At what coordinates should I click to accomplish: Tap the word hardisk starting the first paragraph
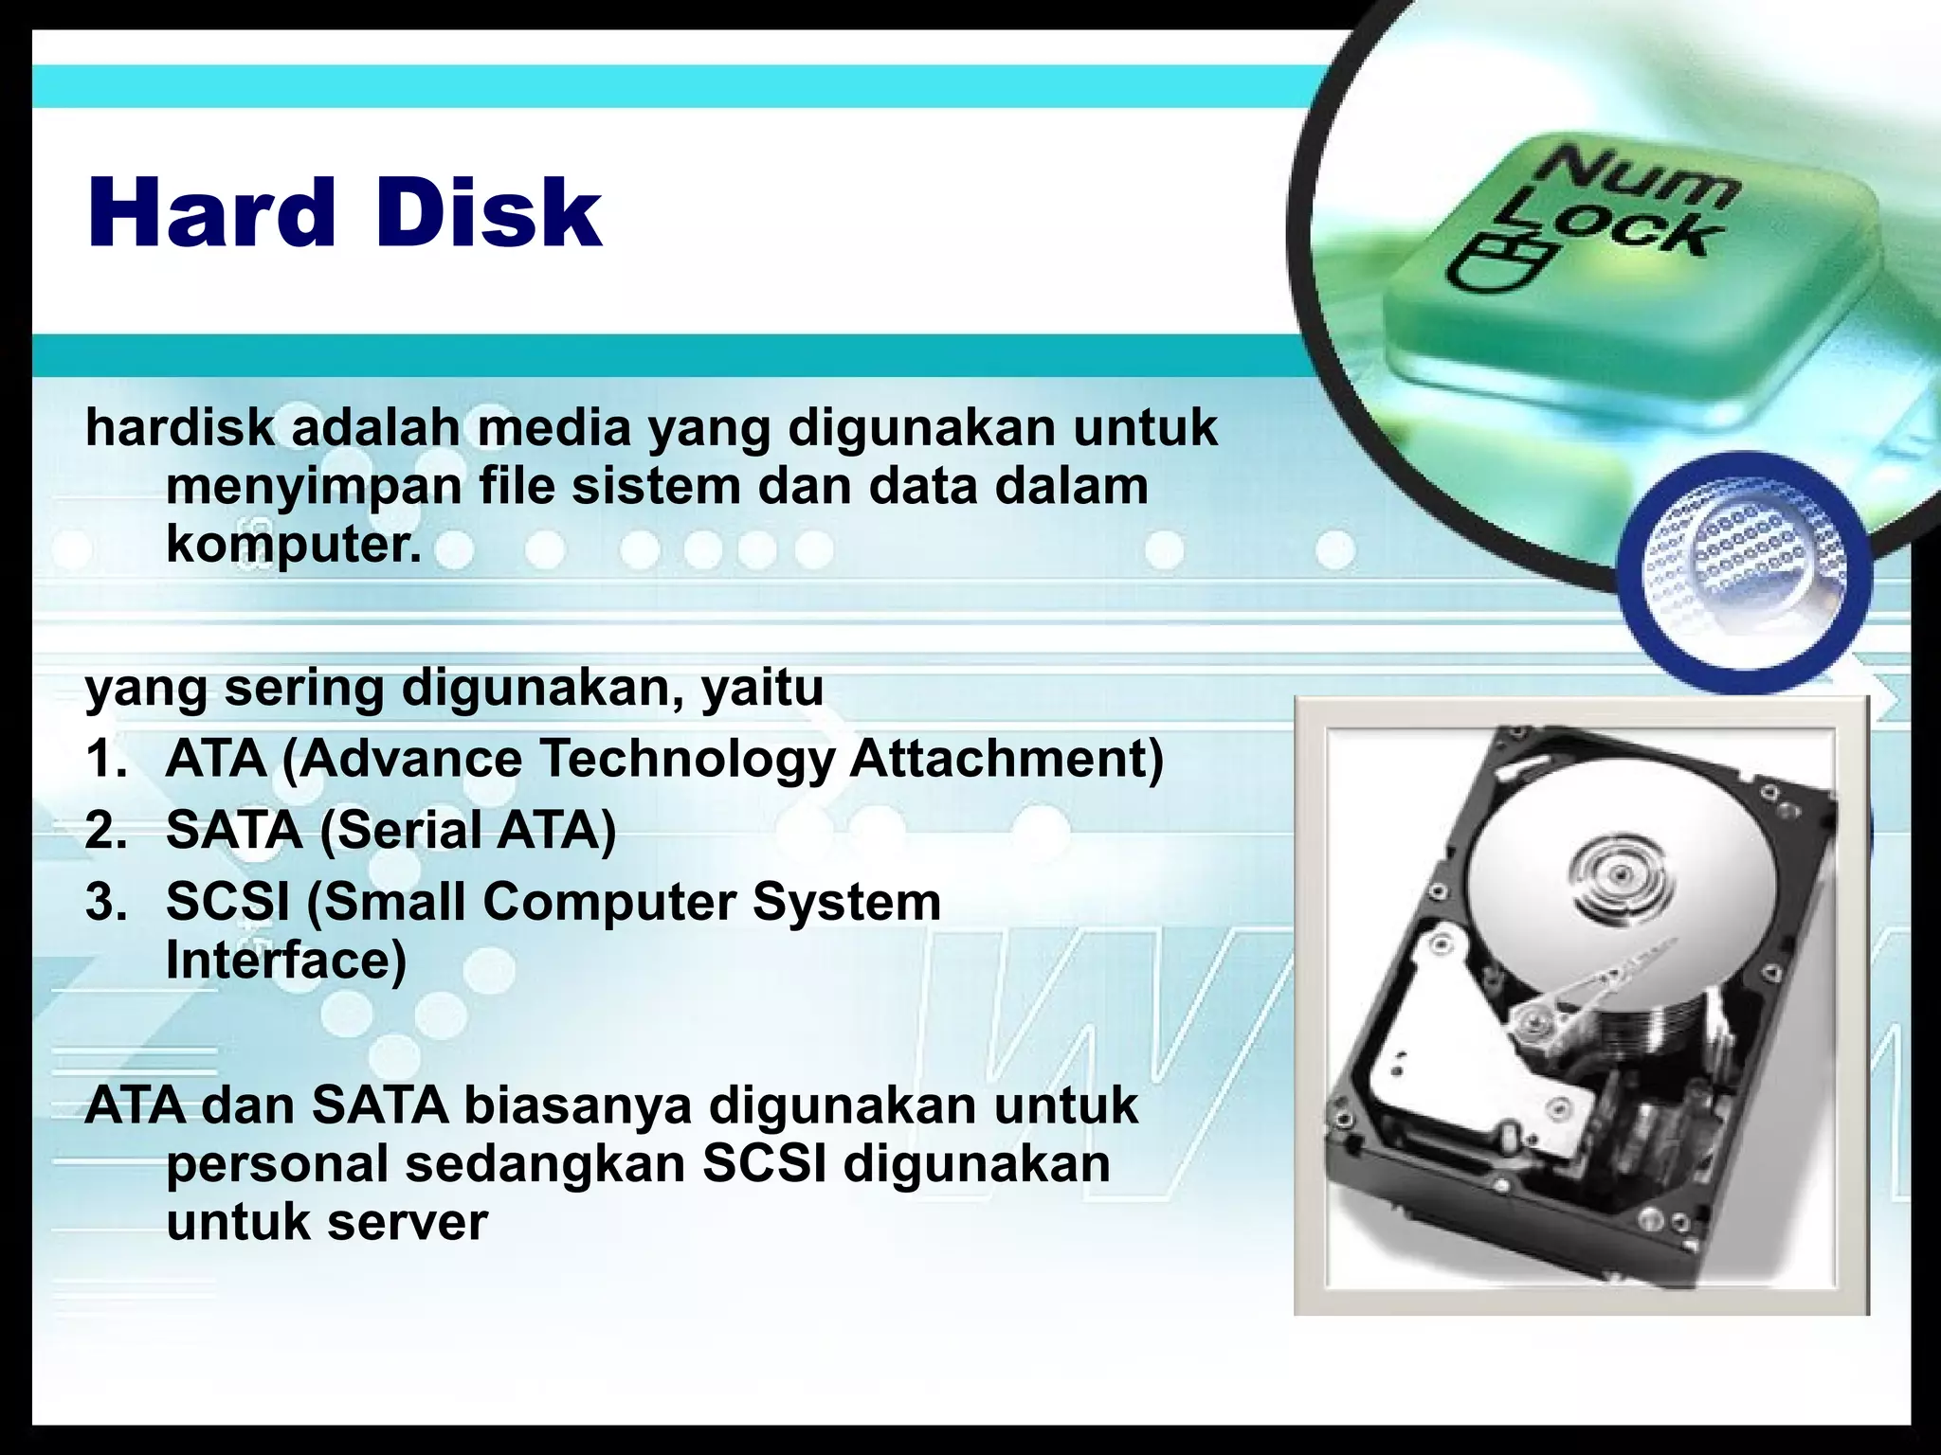179,428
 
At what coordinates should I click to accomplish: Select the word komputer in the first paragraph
293,547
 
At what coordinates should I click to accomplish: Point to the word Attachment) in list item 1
1006,759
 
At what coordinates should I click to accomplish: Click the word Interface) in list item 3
286,960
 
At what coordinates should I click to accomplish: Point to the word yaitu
762,689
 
